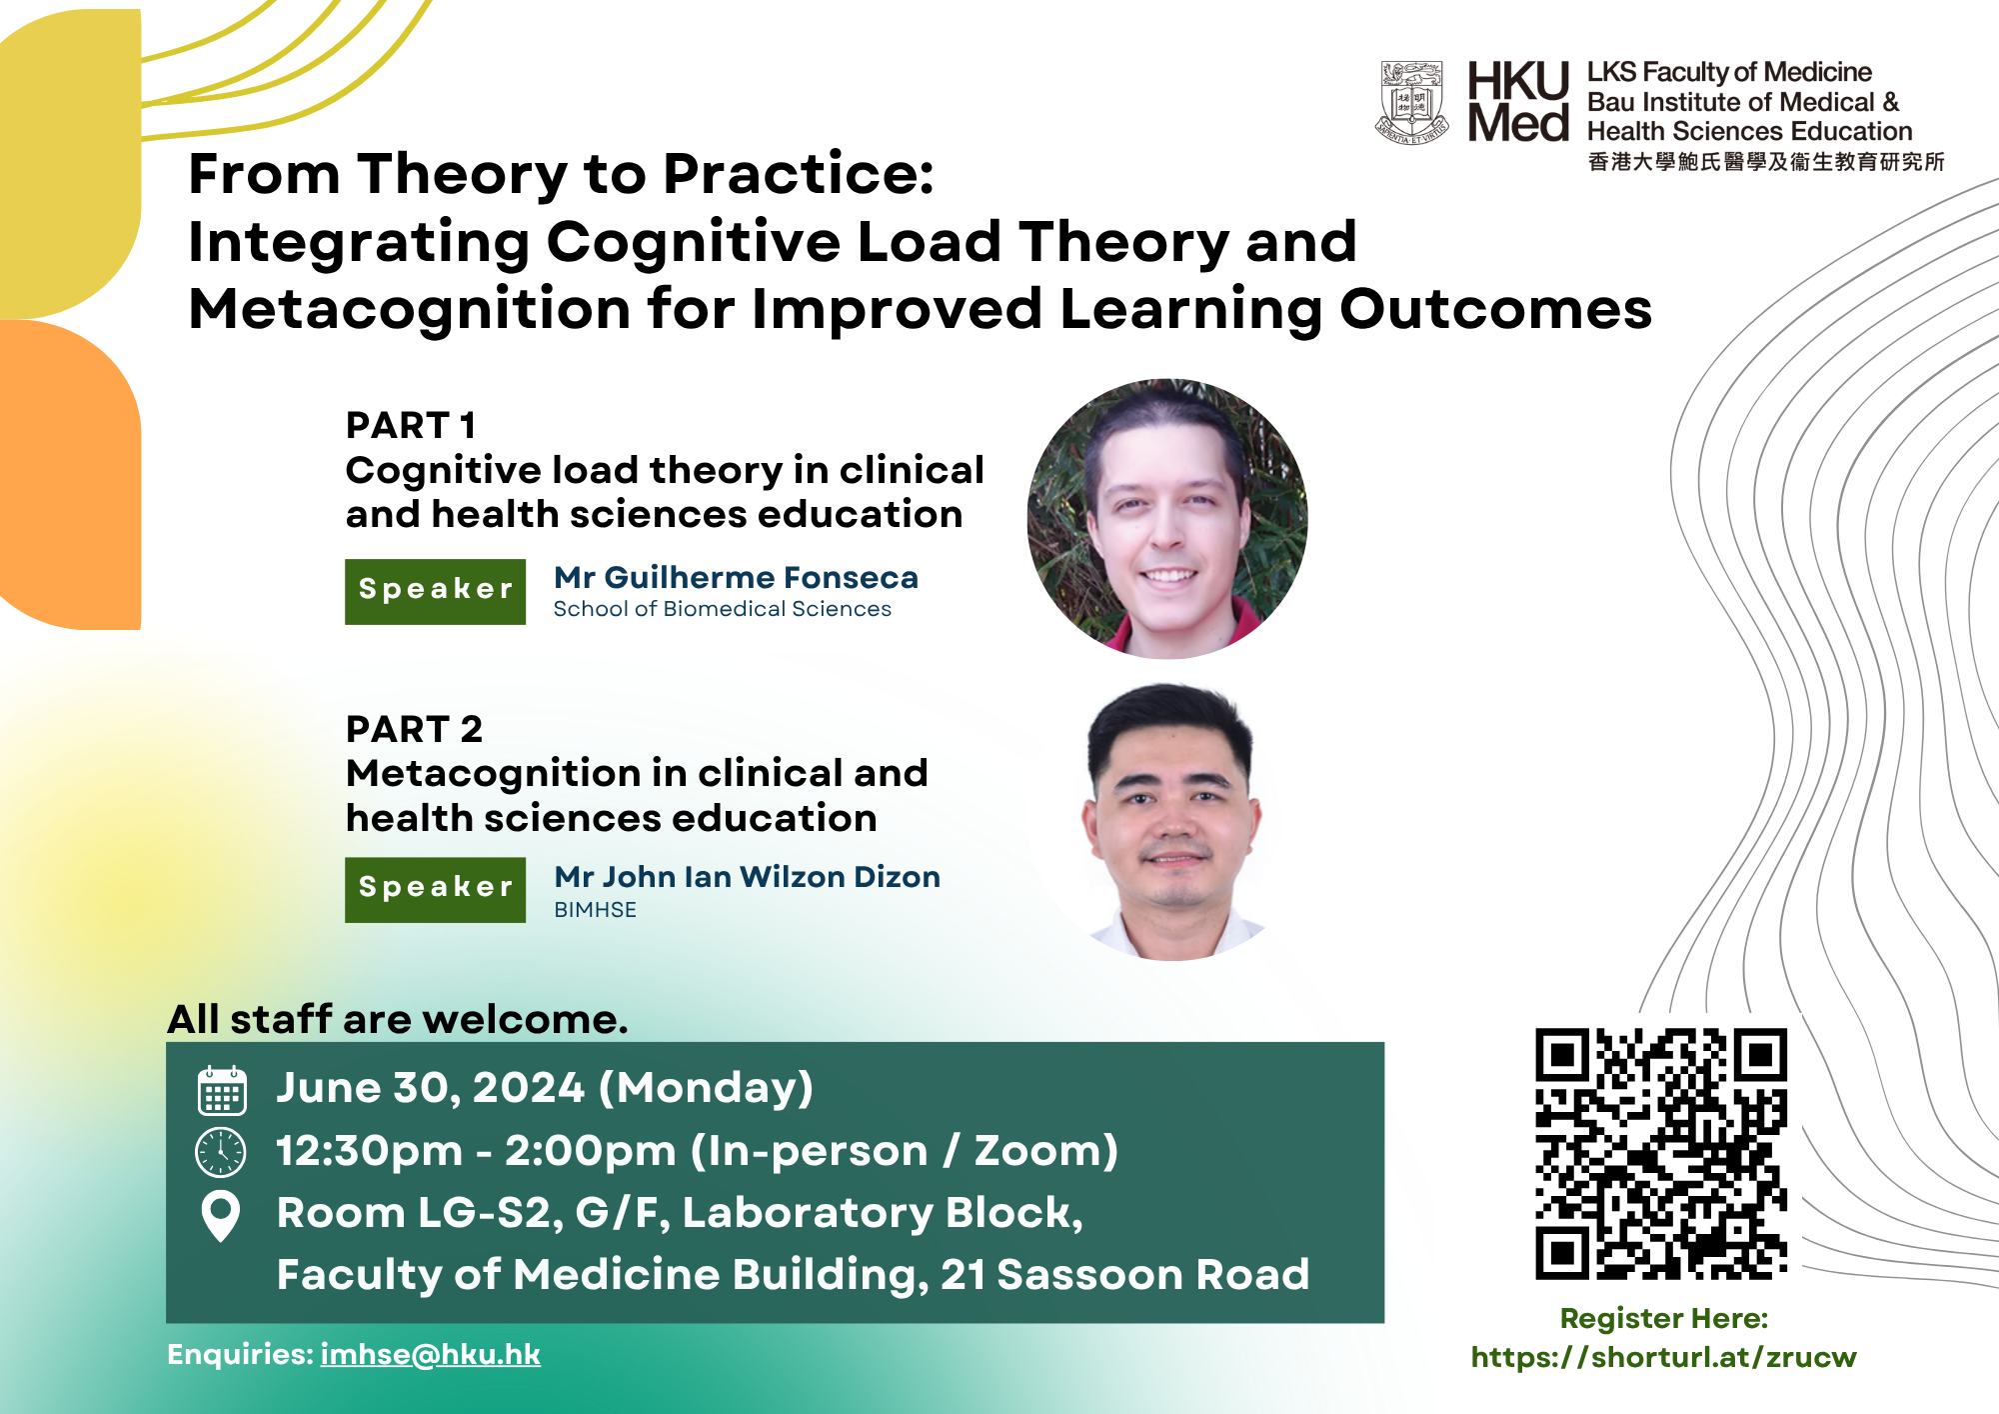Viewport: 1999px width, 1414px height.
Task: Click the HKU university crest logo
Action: coord(1412,103)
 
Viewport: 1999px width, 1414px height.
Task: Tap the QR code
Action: coord(1661,1154)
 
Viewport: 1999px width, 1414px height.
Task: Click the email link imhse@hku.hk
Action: coord(430,1354)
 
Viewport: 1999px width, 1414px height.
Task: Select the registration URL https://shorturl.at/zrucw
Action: coord(1663,1357)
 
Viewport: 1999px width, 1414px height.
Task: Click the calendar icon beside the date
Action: coord(221,1090)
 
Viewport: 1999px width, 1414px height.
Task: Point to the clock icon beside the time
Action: coord(221,1152)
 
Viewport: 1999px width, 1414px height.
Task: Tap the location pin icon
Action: coord(221,1216)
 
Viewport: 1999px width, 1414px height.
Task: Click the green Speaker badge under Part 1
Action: coord(435,592)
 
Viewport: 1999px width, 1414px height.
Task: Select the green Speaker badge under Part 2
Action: coord(435,890)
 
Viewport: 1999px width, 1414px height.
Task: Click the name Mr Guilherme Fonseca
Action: coord(736,577)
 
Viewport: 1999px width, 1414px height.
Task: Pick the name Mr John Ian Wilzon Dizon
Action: coord(747,877)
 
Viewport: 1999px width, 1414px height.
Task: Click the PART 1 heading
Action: coord(410,425)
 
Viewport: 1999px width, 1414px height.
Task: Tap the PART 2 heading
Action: coord(414,729)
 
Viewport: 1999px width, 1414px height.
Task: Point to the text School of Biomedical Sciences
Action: coord(722,609)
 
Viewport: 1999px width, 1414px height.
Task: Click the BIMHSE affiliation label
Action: coord(595,910)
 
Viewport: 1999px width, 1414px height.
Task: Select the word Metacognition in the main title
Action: coord(410,308)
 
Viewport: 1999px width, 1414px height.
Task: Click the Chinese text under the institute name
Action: coord(1766,162)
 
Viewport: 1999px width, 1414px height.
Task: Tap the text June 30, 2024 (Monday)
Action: coord(545,1088)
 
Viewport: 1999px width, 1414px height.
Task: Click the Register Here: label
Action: coord(1664,1318)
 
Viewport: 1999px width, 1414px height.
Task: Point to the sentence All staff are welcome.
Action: coord(398,1019)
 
